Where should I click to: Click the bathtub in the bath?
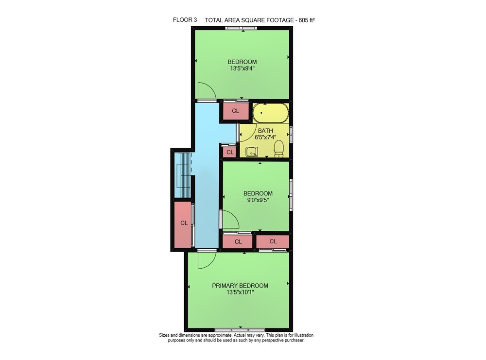[x=271, y=113]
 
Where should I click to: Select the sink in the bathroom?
[x=251, y=152]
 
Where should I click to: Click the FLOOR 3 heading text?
[x=185, y=20]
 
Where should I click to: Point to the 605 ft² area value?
[x=307, y=20]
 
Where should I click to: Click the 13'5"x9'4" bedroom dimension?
[x=242, y=69]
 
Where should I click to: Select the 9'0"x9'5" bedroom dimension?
[x=258, y=200]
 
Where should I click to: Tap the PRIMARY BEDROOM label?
[x=240, y=286]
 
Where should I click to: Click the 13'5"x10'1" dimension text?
[x=240, y=292]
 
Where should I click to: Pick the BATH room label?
[x=265, y=131]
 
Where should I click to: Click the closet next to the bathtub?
[x=235, y=111]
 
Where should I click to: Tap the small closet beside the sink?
[x=230, y=152]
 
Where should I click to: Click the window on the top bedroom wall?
[x=242, y=28]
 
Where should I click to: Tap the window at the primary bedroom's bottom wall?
[x=240, y=330]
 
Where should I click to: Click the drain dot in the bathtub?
[x=261, y=113]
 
